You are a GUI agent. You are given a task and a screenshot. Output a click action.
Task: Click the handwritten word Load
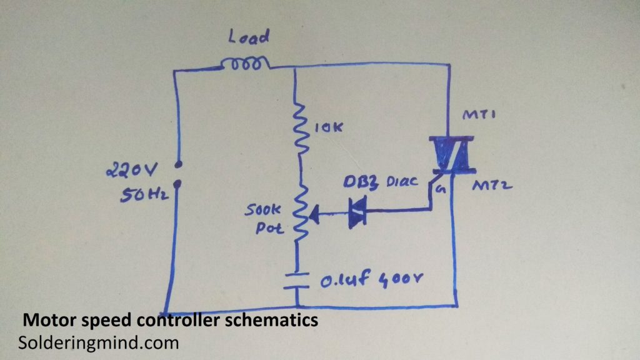(x=248, y=38)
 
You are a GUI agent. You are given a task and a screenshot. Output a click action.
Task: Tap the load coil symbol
(x=245, y=63)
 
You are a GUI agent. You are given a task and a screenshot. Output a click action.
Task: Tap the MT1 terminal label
(x=476, y=117)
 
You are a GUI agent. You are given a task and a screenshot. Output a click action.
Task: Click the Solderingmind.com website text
(x=99, y=342)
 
